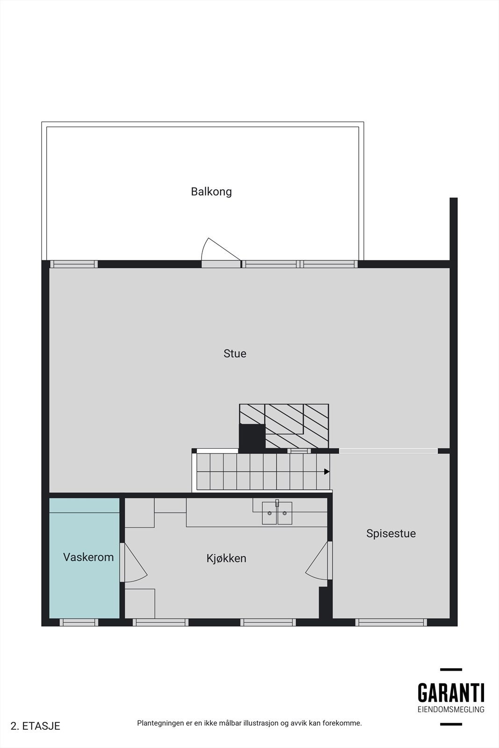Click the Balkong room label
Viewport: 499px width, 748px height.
pyautogui.click(x=211, y=192)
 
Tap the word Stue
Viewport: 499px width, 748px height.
pyautogui.click(x=235, y=353)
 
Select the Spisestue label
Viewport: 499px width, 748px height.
pyautogui.click(x=391, y=533)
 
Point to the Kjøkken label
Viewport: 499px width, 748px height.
pyautogui.click(x=226, y=558)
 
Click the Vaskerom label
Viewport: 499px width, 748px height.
pyautogui.click(x=88, y=557)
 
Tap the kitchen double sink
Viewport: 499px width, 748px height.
pyautogui.click(x=277, y=513)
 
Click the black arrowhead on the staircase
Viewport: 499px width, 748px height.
pyautogui.click(x=327, y=472)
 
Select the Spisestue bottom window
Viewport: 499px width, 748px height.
pyautogui.click(x=391, y=622)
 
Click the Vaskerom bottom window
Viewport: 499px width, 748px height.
pyautogui.click(x=79, y=622)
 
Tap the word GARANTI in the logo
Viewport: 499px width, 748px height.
pyautogui.click(x=451, y=693)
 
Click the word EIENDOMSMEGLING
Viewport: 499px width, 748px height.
pyautogui.click(x=451, y=709)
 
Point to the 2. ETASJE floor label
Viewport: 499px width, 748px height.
pyautogui.click(x=36, y=726)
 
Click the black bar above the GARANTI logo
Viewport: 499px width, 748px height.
pyautogui.click(x=451, y=669)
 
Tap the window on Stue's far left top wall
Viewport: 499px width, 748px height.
pyautogui.click(x=74, y=264)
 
